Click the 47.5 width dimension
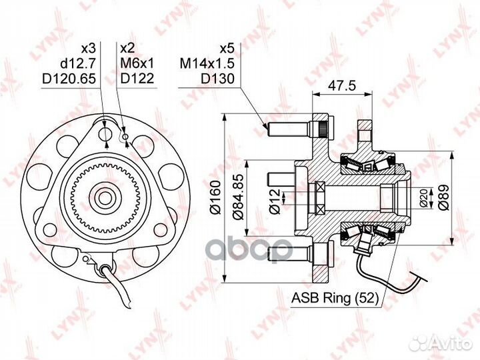(x=342, y=86)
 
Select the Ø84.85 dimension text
(x=239, y=197)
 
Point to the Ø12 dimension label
(x=275, y=201)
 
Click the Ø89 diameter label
(x=443, y=197)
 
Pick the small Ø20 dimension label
(x=424, y=198)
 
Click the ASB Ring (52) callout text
(x=335, y=297)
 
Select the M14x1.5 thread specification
(x=207, y=63)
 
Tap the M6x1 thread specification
(x=137, y=63)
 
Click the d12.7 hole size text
(x=79, y=63)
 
